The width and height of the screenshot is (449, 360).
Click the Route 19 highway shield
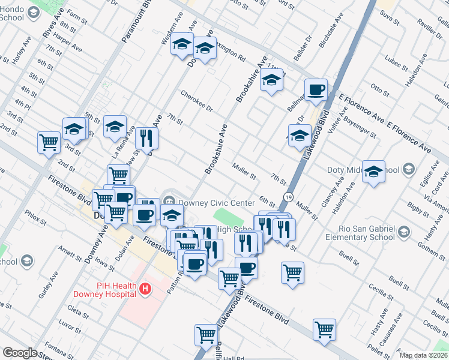click(289, 197)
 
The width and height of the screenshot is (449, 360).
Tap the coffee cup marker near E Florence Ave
click(316, 91)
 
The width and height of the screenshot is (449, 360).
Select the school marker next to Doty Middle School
click(373, 172)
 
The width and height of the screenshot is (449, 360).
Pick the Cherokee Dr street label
click(197, 101)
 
